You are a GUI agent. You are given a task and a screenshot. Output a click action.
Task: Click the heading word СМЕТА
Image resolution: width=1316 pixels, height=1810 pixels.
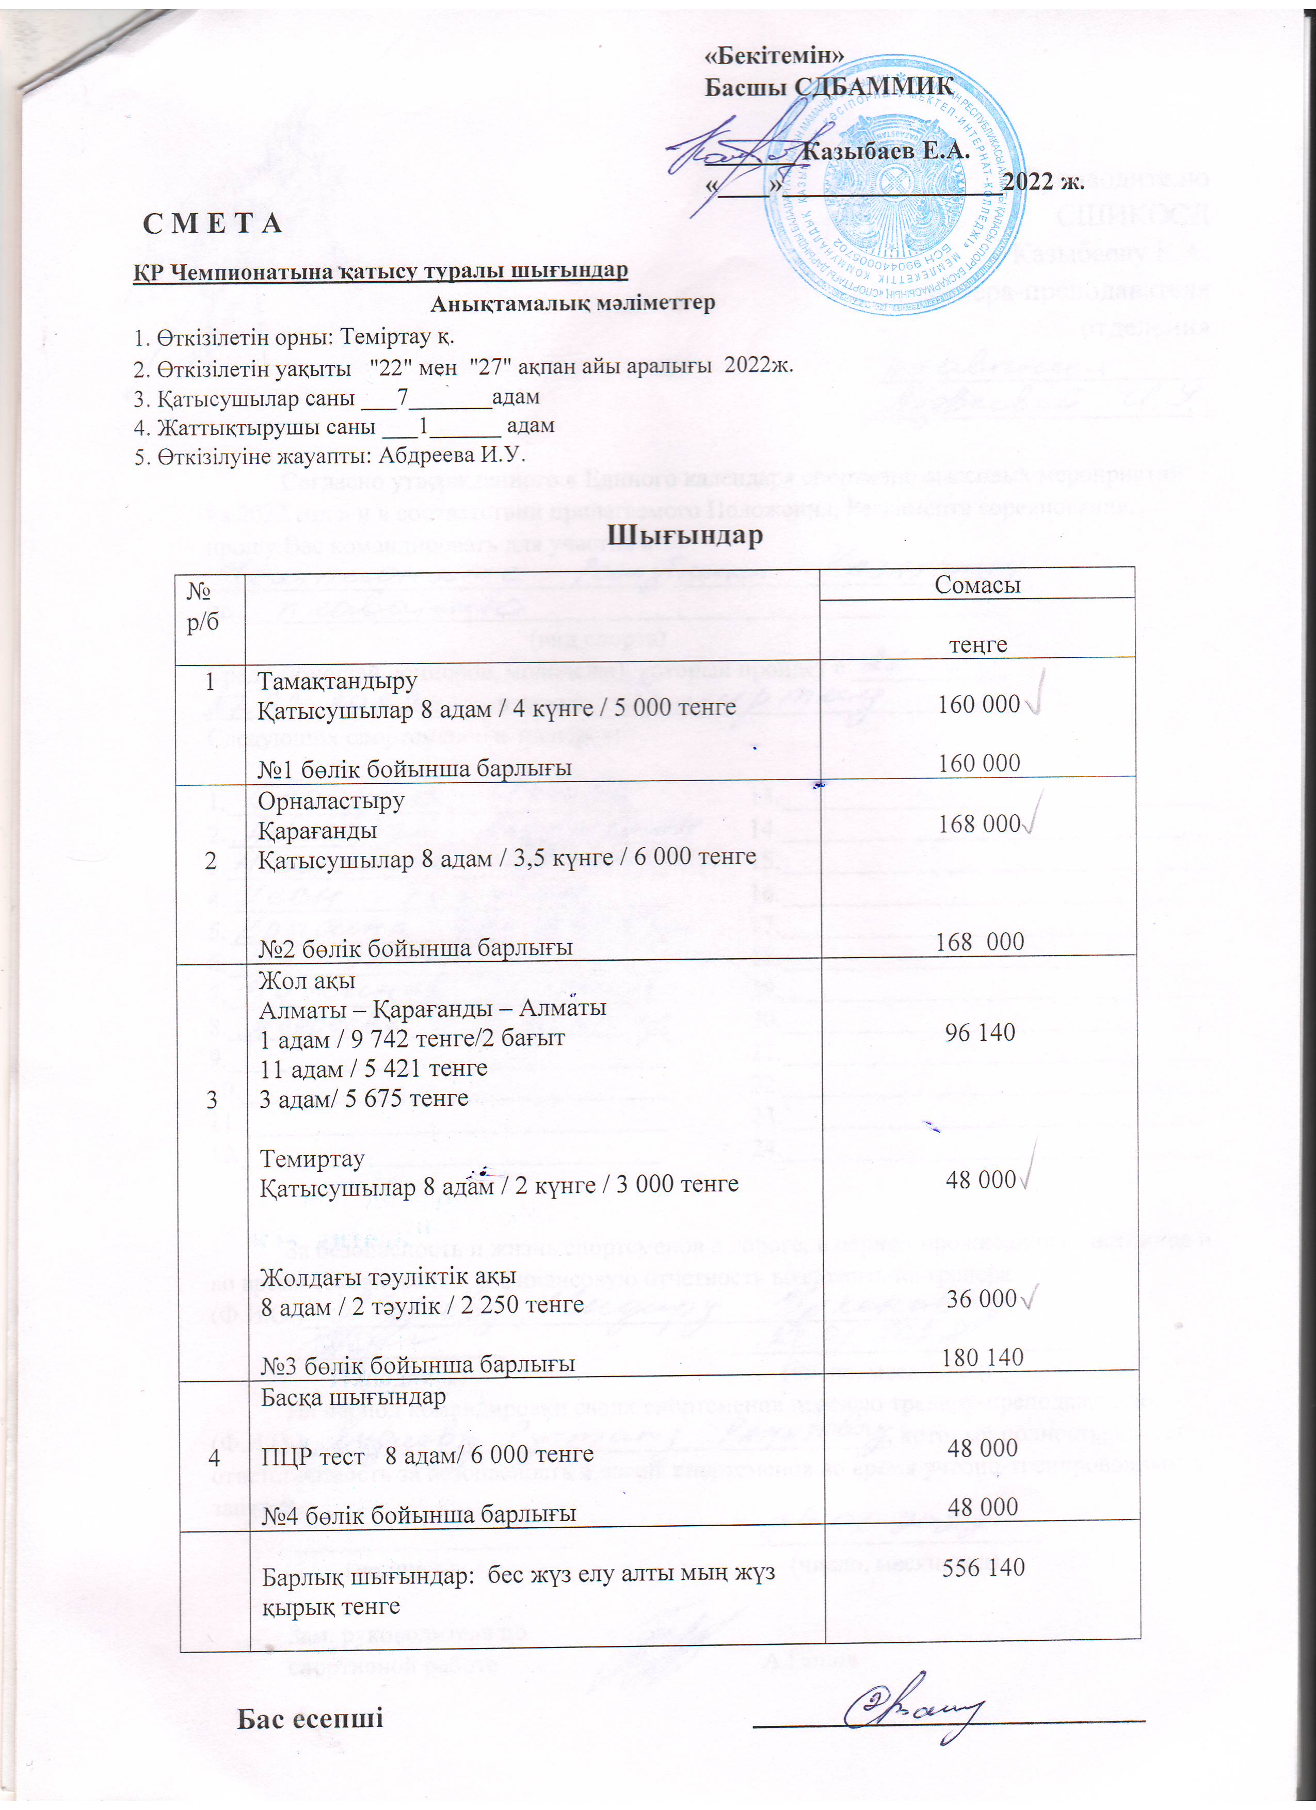pos(212,223)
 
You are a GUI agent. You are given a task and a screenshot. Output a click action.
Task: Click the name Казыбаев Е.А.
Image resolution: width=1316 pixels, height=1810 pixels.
pos(885,150)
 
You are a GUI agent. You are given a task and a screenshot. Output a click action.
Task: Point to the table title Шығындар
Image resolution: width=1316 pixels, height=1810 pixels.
pos(685,535)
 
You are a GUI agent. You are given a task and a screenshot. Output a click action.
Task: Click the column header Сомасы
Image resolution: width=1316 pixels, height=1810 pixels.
pos(977,585)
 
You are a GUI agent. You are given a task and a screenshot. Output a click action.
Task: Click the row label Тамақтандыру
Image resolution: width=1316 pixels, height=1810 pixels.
pos(337,681)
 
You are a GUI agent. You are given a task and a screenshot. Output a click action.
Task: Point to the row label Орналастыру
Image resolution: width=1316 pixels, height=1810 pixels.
pos(330,800)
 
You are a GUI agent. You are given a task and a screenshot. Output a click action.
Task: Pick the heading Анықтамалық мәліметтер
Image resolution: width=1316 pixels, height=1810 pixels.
pos(572,303)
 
